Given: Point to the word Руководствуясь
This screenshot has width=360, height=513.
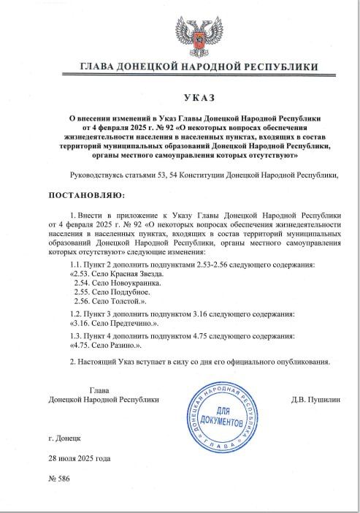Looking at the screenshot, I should click(x=101, y=175).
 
